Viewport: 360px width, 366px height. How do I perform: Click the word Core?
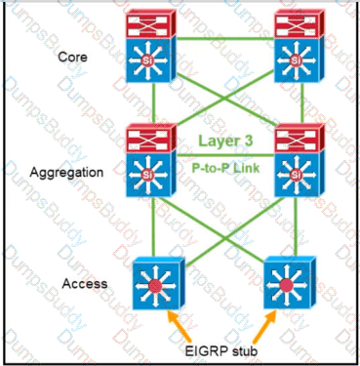click(x=72, y=57)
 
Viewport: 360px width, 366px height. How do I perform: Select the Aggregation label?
click(x=66, y=172)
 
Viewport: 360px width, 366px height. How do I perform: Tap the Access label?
click(x=85, y=283)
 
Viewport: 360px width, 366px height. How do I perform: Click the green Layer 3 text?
click(x=225, y=141)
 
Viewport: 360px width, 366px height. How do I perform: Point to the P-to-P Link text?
click(x=225, y=168)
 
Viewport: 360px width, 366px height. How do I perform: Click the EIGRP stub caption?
click(x=221, y=351)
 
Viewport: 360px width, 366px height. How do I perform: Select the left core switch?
click(x=151, y=46)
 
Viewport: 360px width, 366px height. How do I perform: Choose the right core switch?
click(x=300, y=46)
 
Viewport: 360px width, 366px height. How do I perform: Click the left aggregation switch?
click(x=151, y=160)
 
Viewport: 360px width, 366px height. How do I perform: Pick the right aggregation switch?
click(x=300, y=160)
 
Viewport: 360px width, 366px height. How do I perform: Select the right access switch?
click(x=290, y=282)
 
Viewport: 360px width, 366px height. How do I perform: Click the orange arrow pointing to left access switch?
click(x=180, y=326)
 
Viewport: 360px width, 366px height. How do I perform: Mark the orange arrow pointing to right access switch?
click(x=264, y=326)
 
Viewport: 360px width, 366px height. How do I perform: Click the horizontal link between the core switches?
click(x=225, y=39)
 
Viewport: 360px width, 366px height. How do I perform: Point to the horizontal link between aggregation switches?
click(x=225, y=155)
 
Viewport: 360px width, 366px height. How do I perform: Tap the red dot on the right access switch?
click(x=287, y=286)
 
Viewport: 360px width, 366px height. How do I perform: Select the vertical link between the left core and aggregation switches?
click(x=153, y=103)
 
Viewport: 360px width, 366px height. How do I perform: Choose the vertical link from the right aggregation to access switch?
click(x=296, y=226)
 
